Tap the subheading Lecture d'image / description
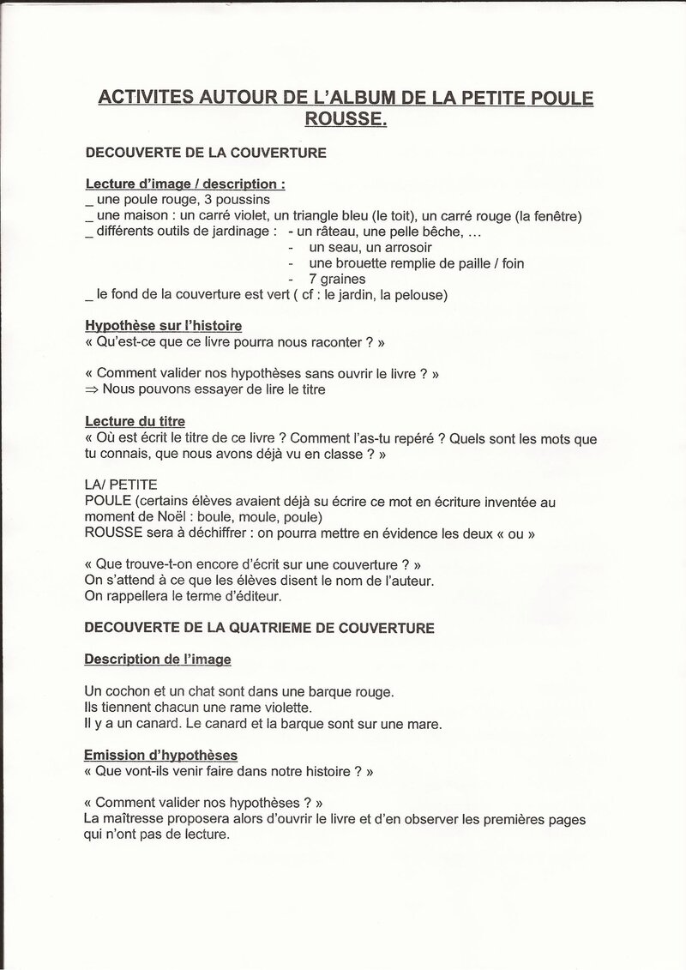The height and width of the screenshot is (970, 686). point(185,184)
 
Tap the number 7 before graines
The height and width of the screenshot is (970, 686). point(313,279)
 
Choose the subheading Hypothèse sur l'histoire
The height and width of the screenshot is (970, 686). point(163,326)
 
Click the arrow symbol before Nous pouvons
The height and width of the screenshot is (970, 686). point(92,389)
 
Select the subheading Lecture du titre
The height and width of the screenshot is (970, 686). point(135,421)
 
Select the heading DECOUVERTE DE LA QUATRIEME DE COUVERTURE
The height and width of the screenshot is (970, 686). point(259,628)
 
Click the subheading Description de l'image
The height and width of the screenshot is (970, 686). point(158,660)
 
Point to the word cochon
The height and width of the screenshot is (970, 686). point(129,691)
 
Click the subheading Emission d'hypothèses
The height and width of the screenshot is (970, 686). point(161,755)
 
